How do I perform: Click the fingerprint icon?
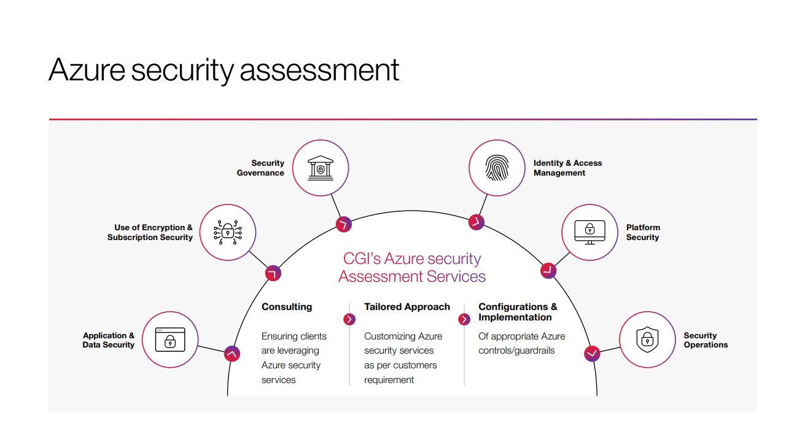[x=497, y=168]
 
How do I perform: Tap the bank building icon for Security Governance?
[x=320, y=168]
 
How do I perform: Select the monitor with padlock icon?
[x=589, y=232]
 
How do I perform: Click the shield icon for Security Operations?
[x=647, y=339]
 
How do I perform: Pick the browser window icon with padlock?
[x=170, y=339]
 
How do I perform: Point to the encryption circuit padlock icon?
[x=227, y=232]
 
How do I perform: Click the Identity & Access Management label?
[x=567, y=168]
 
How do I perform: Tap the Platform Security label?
[x=643, y=232]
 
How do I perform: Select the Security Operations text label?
[x=706, y=340]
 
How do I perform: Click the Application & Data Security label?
[x=109, y=340]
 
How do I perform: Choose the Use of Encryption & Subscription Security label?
[x=150, y=232]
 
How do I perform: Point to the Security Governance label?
[x=261, y=168]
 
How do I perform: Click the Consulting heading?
[x=287, y=307]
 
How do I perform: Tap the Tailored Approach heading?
[x=407, y=307]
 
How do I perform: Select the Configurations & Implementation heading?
[x=518, y=312]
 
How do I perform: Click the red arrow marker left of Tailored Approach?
[x=349, y=319]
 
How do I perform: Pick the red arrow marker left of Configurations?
[x=464, y=319]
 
